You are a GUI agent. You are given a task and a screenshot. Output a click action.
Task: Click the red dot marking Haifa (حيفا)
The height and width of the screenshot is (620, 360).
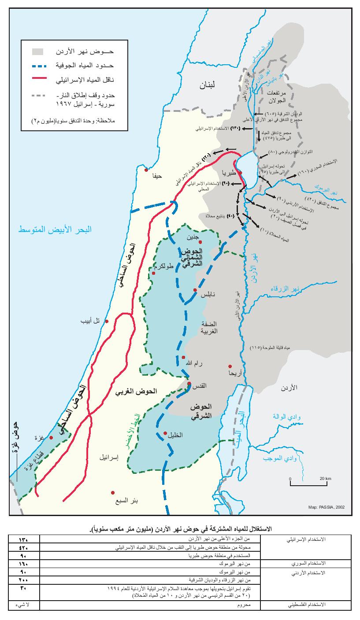[146, 170]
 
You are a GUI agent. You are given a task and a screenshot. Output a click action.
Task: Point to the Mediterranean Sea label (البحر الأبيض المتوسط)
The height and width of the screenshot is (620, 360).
[55, 230]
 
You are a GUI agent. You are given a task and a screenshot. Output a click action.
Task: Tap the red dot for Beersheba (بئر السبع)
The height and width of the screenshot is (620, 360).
[113, 492]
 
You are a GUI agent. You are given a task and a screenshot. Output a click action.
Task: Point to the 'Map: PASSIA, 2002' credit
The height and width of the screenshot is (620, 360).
[327, 507]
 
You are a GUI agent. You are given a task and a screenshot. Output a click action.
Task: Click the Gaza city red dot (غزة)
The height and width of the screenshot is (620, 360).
[51, 437]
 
